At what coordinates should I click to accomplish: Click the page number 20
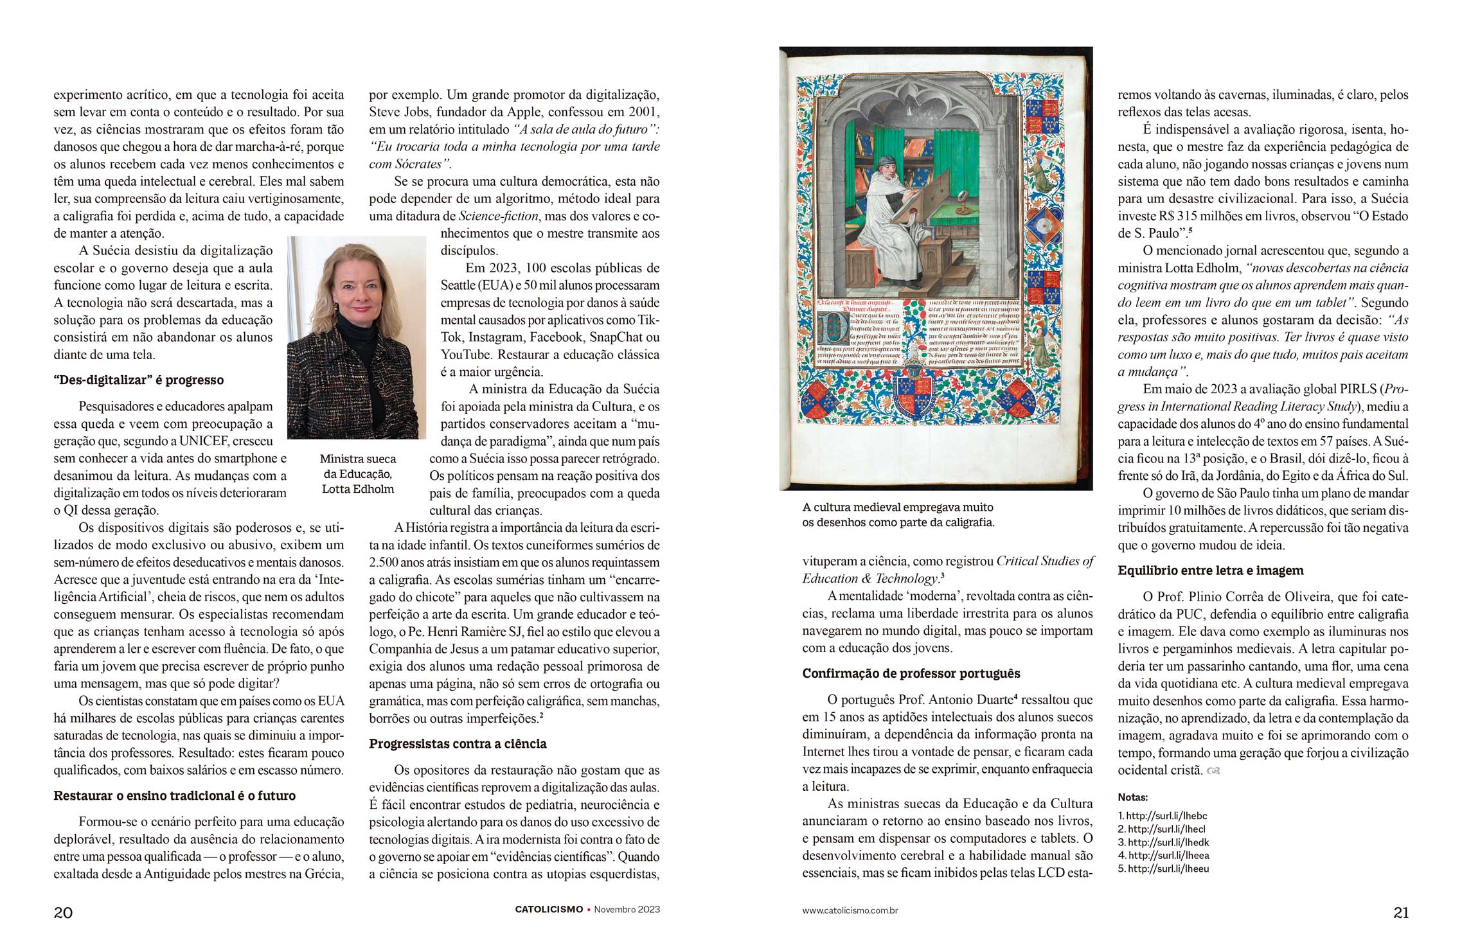coord(63,912)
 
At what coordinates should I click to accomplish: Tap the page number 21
coord(1401,912)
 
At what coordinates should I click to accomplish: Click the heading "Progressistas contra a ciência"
coord(458,744)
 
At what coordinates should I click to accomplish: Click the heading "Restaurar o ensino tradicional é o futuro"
coord(174,795)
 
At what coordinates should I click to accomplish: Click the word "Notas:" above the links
coord(1132,797)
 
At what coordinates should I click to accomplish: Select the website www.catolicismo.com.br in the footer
coord(850,910)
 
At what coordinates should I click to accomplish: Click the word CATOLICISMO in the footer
coord(549,910)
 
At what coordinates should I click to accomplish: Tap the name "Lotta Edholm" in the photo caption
coord(358,489)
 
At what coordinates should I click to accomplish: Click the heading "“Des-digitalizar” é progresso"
coord(139,380)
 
